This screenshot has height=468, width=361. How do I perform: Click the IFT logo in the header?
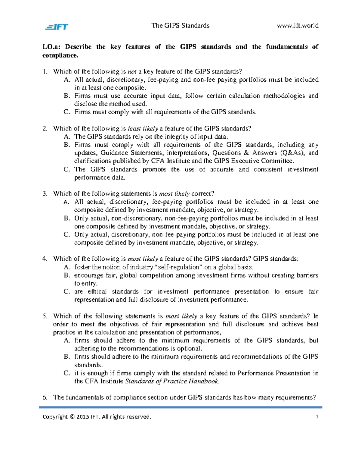tap(57, 27)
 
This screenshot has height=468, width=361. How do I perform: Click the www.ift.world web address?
tap(298, 26)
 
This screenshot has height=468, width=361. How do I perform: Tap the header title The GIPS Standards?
tap(180, 26)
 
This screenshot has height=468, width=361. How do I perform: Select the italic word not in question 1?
tap(132, 72)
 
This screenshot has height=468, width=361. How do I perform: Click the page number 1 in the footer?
tap(317, 417)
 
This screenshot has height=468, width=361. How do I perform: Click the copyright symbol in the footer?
tap(71, 417)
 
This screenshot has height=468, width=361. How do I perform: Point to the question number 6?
tap(45, 397)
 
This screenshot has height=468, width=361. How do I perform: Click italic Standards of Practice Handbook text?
tap(172, 382)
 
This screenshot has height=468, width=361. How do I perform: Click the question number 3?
tap(45, 194)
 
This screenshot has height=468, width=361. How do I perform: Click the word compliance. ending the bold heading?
tap(60, 55)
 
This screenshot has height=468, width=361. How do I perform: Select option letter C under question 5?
tap(67, 373)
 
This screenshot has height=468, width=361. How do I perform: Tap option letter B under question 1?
tap(67, 96)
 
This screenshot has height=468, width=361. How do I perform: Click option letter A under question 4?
tap(67, 267)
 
